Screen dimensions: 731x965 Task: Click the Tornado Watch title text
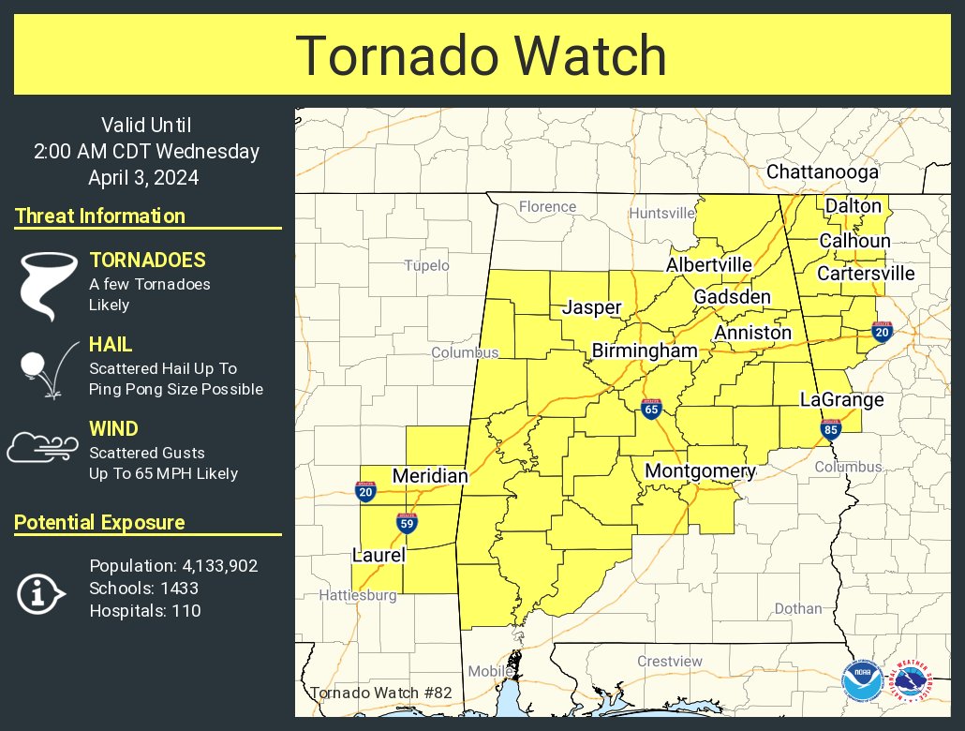click(482, 55)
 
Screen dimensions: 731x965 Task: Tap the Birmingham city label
click(645, 351)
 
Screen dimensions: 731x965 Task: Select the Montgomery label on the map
click(700, 470)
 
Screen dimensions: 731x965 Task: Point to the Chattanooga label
click(822, 172)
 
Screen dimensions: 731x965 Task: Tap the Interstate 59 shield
click(407, 523)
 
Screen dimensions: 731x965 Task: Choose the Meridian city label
click(430, 477)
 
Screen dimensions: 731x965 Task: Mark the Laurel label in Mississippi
click(379, 555)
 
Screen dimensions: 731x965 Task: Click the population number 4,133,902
click(216, 566)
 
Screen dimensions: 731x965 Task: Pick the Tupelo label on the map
click(426, 266)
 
